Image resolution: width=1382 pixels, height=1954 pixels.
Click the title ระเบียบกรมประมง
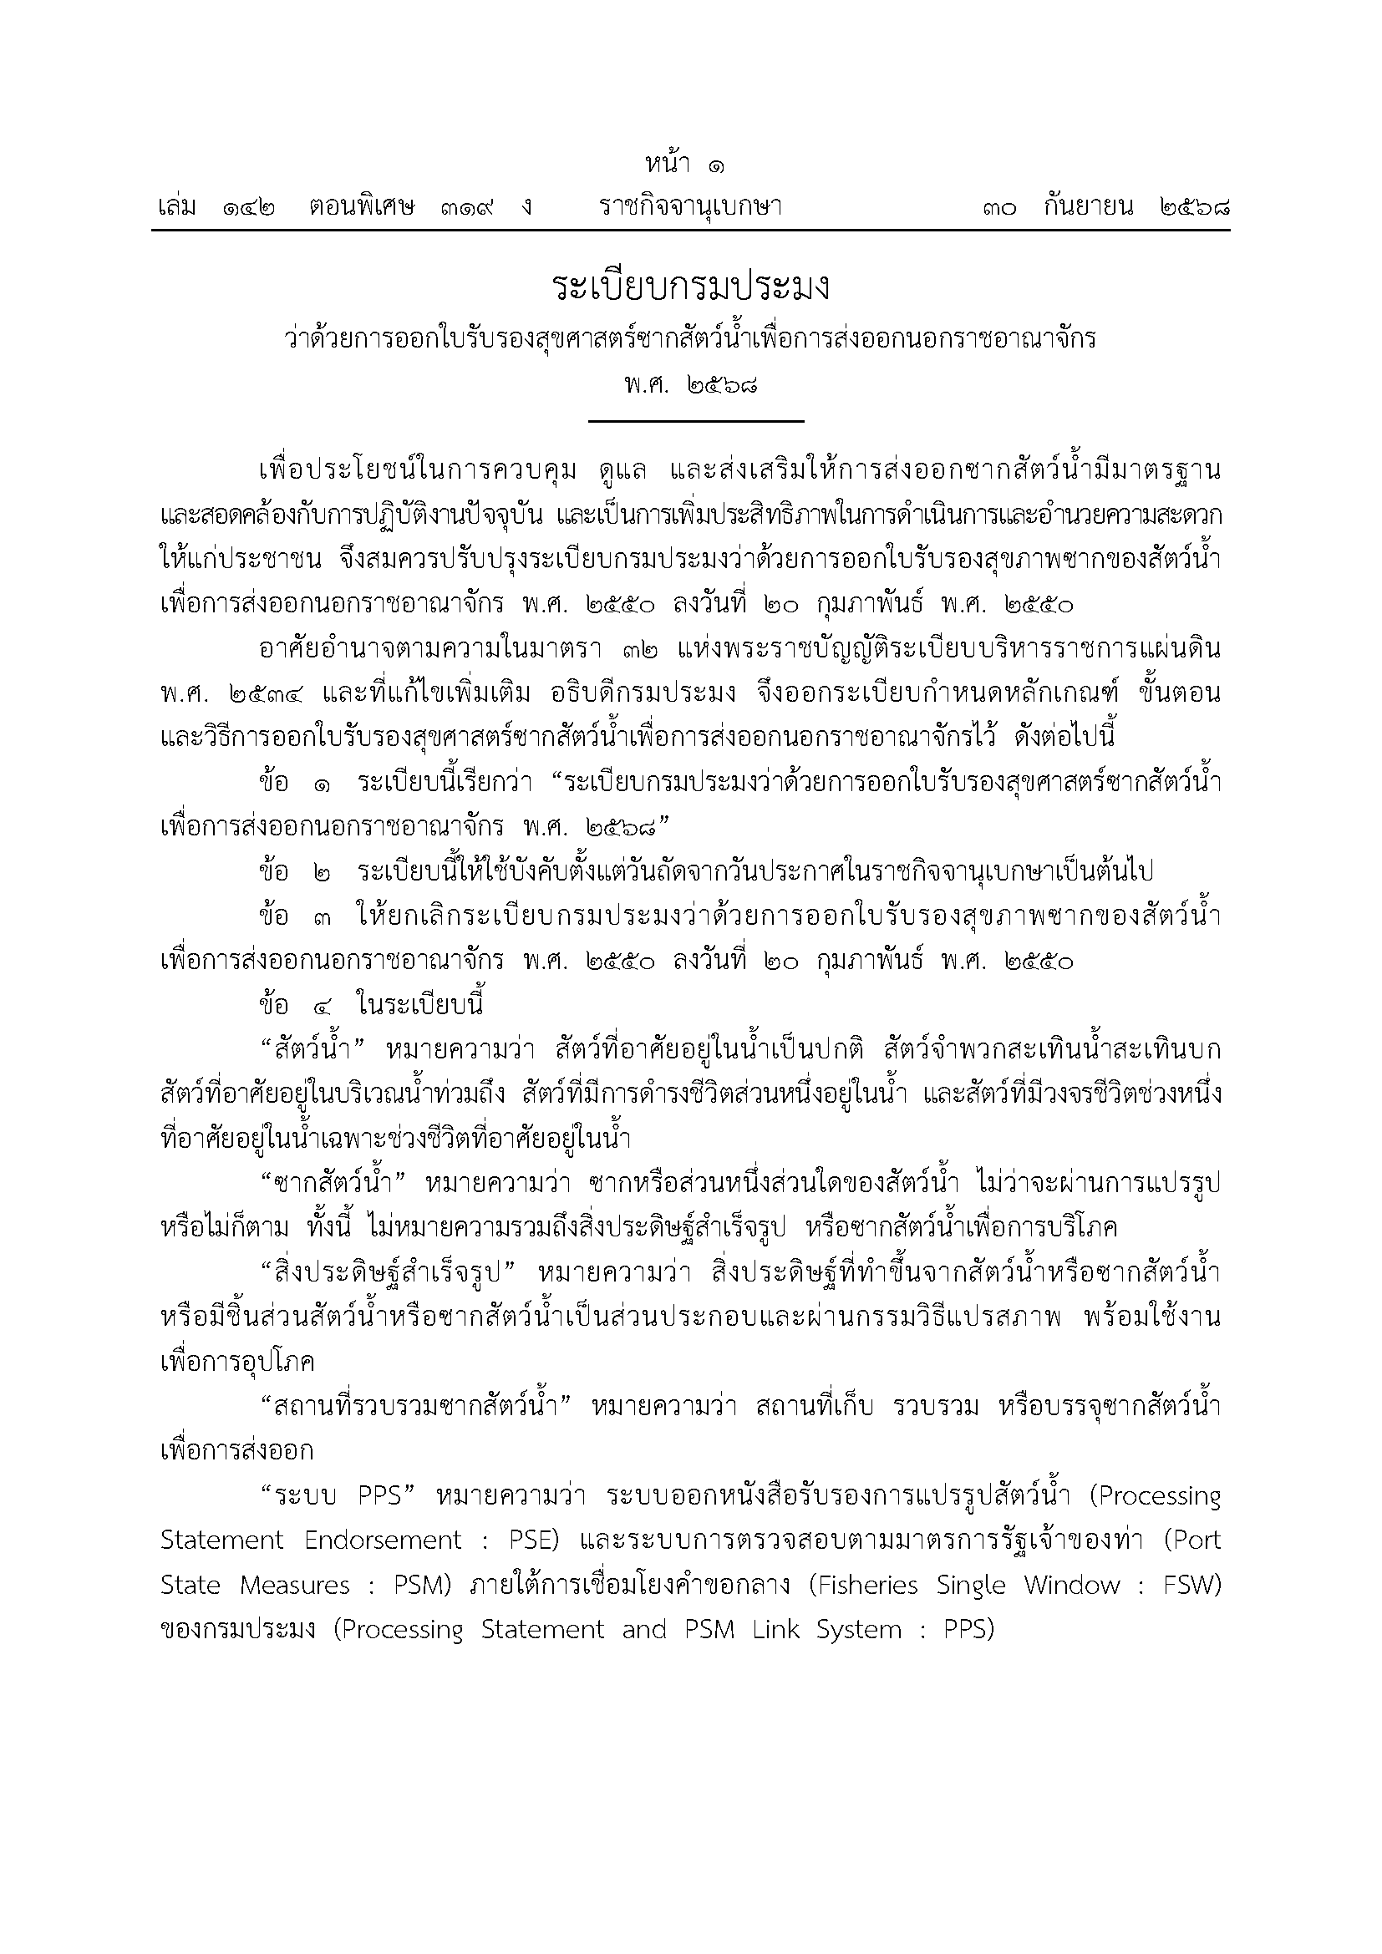tap(690, 287)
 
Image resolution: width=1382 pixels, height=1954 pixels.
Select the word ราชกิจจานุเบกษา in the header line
tap(690, 207)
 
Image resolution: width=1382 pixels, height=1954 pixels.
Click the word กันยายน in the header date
tap(1089, 207)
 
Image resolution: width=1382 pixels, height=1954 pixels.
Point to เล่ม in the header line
tap(178, 207)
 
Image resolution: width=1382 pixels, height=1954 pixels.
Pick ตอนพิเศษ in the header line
tap(362, 207)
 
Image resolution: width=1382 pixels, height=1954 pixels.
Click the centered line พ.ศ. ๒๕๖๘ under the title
tap(690, 384)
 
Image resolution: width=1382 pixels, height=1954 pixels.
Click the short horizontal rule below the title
tap(695, 421)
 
